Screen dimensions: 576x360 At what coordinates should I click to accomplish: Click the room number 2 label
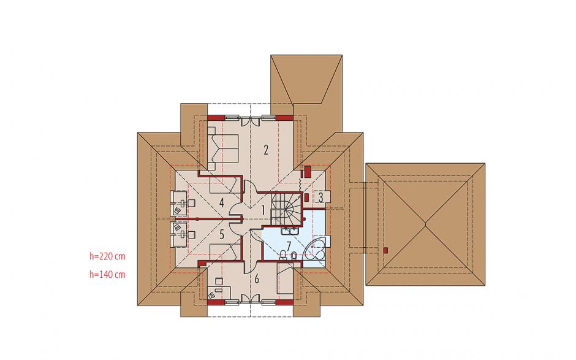point(266,150)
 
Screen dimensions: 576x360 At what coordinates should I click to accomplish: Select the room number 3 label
point(320,197)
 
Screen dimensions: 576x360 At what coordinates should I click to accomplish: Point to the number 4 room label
point(221,202)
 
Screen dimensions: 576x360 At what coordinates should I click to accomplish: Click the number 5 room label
point(221,235)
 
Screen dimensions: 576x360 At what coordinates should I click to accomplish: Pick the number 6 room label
point(256,278)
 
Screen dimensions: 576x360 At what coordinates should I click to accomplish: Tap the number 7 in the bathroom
point(289,245)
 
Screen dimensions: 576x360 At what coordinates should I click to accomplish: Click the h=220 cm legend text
point(107,256)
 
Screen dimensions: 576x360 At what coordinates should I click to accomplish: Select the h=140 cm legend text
point(107,274)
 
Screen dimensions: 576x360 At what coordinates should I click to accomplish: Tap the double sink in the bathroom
point(290,231)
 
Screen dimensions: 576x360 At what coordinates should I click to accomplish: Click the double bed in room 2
point(223,148)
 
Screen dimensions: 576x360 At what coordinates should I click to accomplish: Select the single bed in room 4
point(222,185)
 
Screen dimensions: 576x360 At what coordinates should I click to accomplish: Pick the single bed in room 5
point(222,253)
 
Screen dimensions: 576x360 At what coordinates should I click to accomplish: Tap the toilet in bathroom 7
point(294,255)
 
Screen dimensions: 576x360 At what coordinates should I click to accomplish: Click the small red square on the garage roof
point(385,250)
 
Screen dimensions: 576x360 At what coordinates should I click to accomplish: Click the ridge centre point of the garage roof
point(425,224)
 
